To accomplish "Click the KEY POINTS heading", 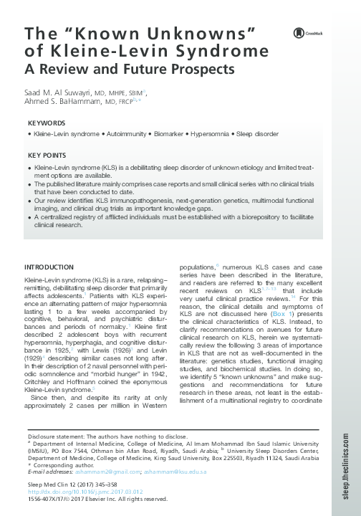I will [x=47, y=155].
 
